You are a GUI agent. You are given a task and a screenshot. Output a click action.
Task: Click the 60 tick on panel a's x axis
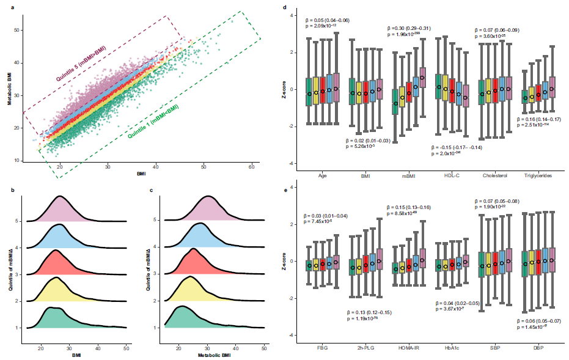tap(252, 166)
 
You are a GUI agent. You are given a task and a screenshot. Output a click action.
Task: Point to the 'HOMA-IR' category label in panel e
tap(405, 348)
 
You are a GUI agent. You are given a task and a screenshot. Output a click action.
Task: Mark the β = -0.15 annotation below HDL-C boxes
tap(457, 147)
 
